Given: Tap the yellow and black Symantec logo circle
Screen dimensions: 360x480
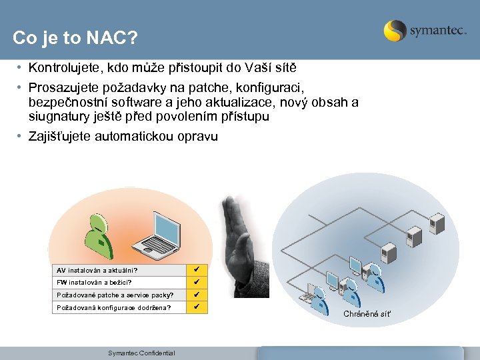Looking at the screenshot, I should (395, 31).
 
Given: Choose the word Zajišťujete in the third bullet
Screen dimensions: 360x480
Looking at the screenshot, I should (60, 137).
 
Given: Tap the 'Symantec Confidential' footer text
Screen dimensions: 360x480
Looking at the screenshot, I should (141, 353).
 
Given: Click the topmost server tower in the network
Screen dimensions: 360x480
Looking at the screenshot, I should (437, 222).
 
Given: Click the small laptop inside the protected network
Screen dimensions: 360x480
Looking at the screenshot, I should (310, 294).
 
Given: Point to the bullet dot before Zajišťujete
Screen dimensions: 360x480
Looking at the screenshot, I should (21, 137).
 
